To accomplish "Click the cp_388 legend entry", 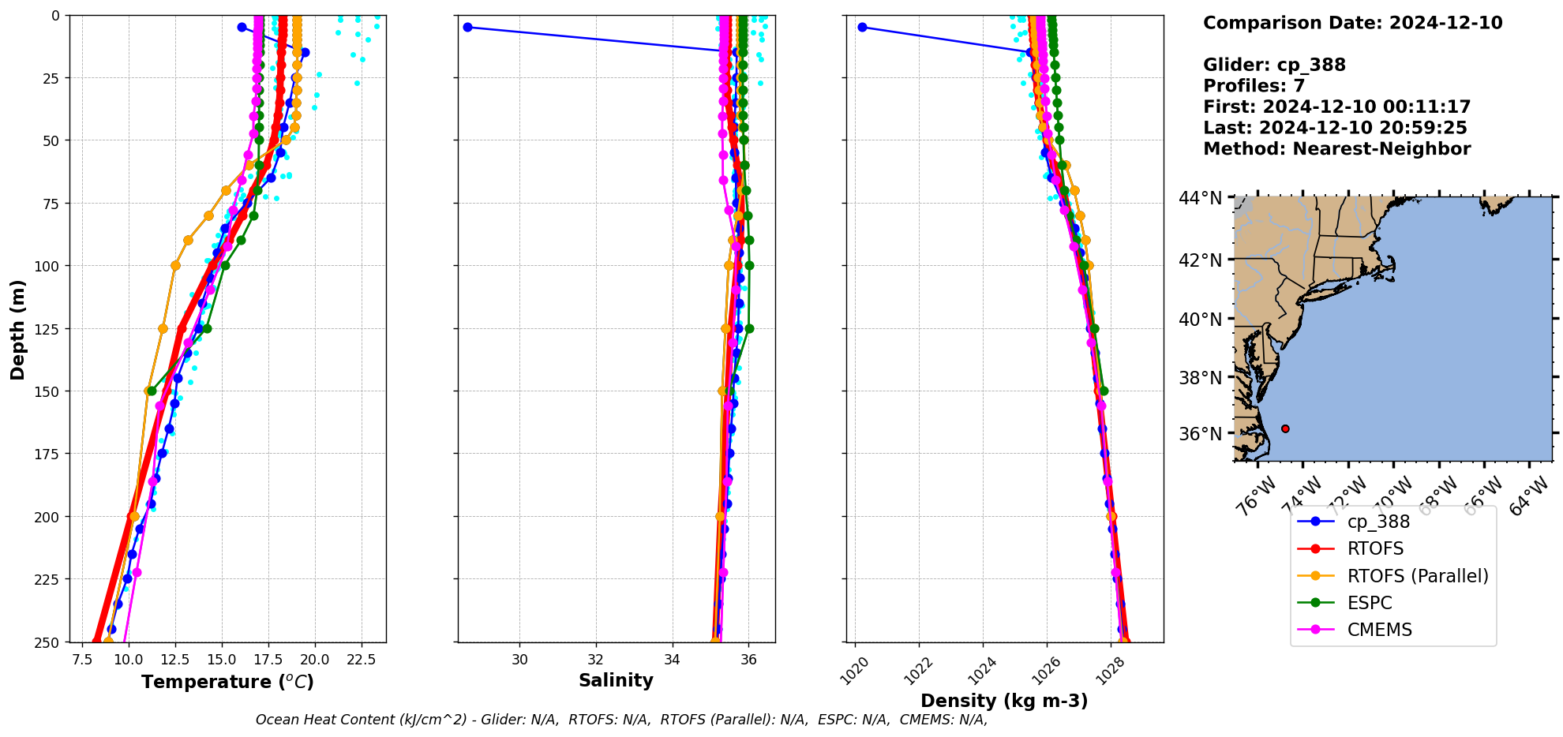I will tap(1377, 522).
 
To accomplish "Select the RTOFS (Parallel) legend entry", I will tap(1417, 576).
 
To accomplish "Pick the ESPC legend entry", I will tap(1370, 603).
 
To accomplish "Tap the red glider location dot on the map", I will tap(1285, 428).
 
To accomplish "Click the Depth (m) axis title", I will tap(17, 329).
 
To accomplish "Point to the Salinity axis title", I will tap(616, 680).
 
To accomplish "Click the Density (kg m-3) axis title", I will tap(1004, 701).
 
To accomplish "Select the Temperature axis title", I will tap(227, 682).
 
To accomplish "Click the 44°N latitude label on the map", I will tap(1200, 198).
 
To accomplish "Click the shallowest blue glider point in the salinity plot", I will tap(467, 27).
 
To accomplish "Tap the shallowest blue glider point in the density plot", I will tap(862, 27).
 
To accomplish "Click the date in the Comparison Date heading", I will tap(1445, 23).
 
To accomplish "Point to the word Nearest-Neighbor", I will tap(1381, 149).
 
